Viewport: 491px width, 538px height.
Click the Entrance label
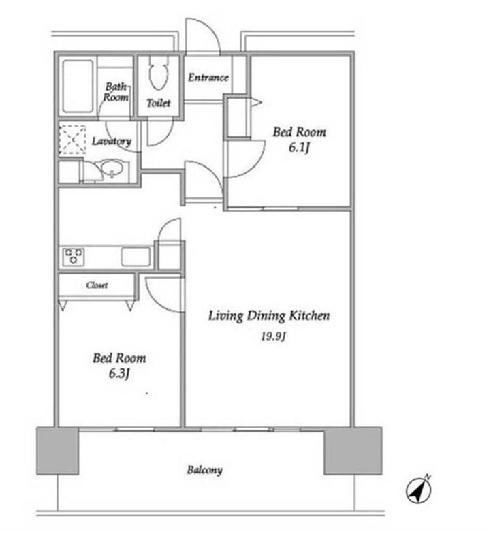click(208, 77)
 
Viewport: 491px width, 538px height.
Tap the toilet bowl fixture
click(159, 72)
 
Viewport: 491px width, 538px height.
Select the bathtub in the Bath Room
click(78, 86)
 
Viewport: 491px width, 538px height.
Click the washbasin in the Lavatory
click(112, 168)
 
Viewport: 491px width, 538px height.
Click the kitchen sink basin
click(136, 256)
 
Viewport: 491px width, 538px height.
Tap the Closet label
click(97, 285)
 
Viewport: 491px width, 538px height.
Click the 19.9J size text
click(273, 336)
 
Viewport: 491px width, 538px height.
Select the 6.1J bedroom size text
click(299, 148)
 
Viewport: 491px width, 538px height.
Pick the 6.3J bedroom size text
click(119, 373)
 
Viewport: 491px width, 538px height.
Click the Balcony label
click(204, 470)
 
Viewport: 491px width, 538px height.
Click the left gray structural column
click(58, 451)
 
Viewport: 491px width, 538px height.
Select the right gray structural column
click(353, 451)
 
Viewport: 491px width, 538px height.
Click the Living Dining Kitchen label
click(269, 316)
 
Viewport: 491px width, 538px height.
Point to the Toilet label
click(158, 103)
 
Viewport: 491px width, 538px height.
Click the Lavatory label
click(112, 141)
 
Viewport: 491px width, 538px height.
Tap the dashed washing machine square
click(72, 140)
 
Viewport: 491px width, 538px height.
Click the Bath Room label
click(116, 92)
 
